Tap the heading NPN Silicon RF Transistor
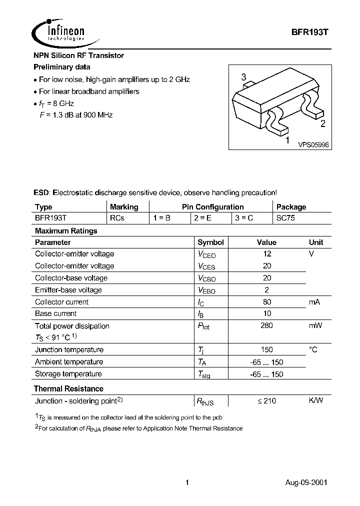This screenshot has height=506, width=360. (x=78, y=55)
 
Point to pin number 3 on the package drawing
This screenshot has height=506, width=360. (x=243, y=77)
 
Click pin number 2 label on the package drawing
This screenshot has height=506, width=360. (x=322, y=124)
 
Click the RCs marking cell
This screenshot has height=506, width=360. (x=116, y=218)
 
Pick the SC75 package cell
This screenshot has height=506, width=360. (x=286, y=218)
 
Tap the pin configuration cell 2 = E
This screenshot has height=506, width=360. (x=202, y=218)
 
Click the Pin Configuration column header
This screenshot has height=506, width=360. (x=212, y=206)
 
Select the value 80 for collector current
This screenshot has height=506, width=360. (x=267, y=302)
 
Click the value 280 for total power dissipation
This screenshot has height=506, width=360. (x=267, y=326)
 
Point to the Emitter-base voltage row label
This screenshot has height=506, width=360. (x=68, y=290)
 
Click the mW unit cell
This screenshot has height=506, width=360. (x=315, y=326)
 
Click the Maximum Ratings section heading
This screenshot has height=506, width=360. (x=65, y=231)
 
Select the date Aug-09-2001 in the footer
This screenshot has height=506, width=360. (x=306, y=483)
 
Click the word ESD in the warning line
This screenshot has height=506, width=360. (x=42, y=192)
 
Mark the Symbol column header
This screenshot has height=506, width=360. (x=210, y=242)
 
